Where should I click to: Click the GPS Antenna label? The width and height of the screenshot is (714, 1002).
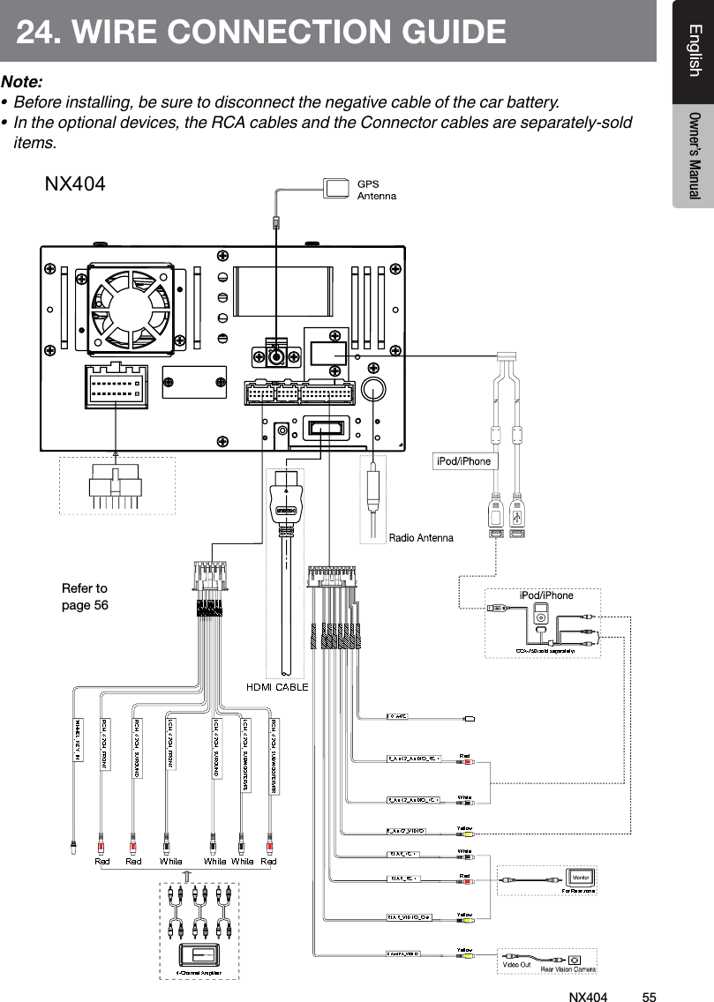(x=376, y=190)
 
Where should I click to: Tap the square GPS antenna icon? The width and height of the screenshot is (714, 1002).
(x=337, y=187)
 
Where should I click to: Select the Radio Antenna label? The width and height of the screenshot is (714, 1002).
(x=421, y=537)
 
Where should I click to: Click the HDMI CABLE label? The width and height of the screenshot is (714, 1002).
(x=276, y=686)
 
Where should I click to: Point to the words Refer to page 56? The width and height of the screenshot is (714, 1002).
(x=85, y=596)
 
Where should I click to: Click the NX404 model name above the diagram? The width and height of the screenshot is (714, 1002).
(x=75, y=184)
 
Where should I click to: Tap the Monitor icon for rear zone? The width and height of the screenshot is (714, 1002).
(x=580, y=879)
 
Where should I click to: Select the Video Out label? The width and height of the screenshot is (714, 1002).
(x=516, y=965)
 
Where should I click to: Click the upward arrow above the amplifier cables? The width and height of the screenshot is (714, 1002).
(x=186, y=875)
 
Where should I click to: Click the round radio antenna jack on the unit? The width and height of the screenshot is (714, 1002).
(x=375, y=391)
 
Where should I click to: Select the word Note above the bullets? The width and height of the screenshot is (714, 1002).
(x=23, y=81)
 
